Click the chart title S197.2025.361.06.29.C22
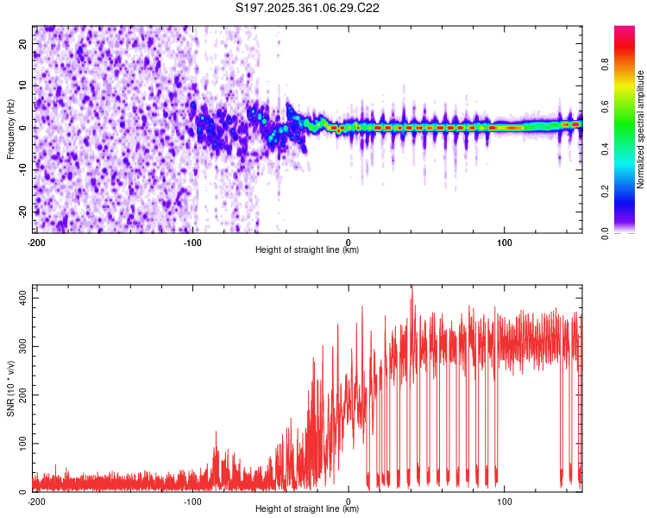[x=308, y=8]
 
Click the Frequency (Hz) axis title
[x=10, y=128]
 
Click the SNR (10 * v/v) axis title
[x=10, y=388]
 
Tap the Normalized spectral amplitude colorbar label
[x=641, y=129]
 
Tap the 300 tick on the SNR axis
[x=22, y=345]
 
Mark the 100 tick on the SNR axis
[x=22, y=443]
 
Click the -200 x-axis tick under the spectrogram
[x=36, y=243]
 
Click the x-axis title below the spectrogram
[x=308, y=250]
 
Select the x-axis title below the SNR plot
[x=308, y=509]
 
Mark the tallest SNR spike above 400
[x=411, y=288]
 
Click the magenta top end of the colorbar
[x=624, y=30]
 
